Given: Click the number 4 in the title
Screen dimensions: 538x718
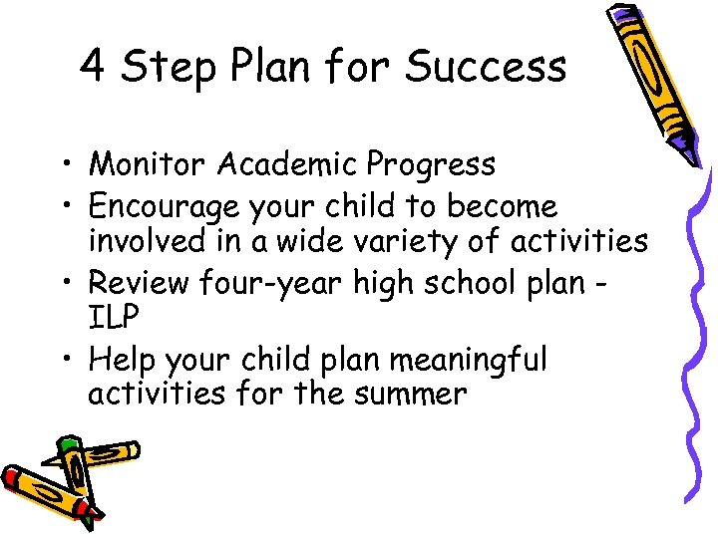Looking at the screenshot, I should [x=93, y=67].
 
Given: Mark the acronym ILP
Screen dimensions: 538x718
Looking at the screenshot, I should [x=111, y=318].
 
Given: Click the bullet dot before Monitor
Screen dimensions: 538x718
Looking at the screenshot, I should [x=72, y=164].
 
